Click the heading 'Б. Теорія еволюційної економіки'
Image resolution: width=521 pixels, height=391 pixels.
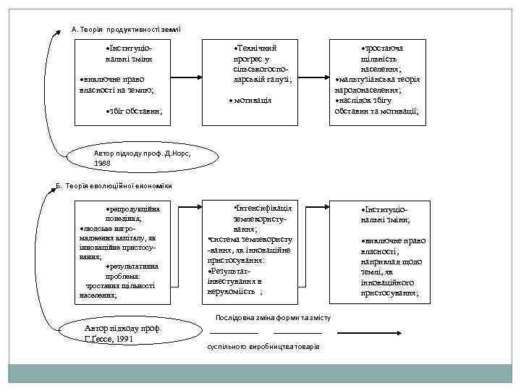pos(115,185)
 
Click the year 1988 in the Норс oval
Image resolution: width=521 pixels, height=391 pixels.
pos(103,164)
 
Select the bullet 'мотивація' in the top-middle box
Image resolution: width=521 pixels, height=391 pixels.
pos(249,99)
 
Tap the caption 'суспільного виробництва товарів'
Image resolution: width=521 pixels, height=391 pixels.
pos(263,348)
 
